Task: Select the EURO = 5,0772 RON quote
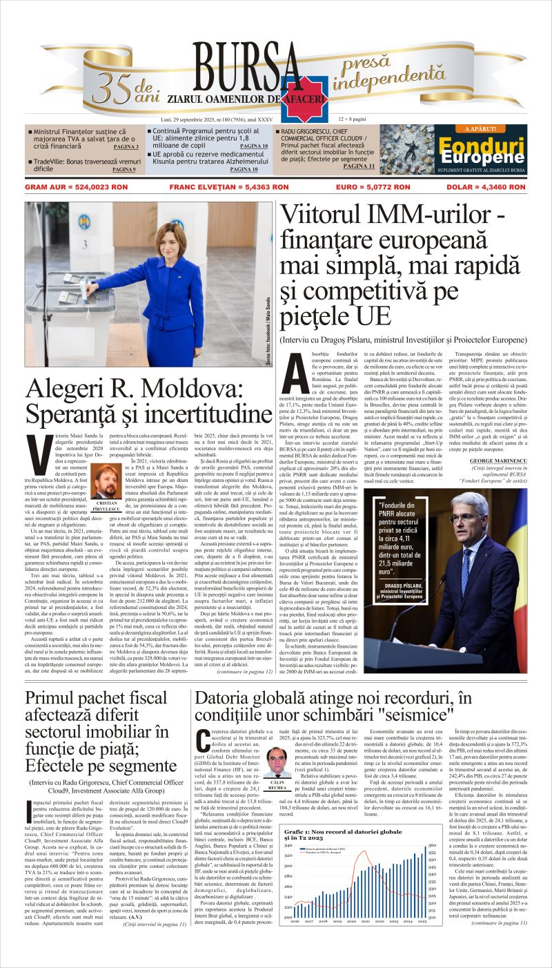tap(373, 186)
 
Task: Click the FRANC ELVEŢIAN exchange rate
tap(229, 186)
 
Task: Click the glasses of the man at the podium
tap(462, 518)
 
